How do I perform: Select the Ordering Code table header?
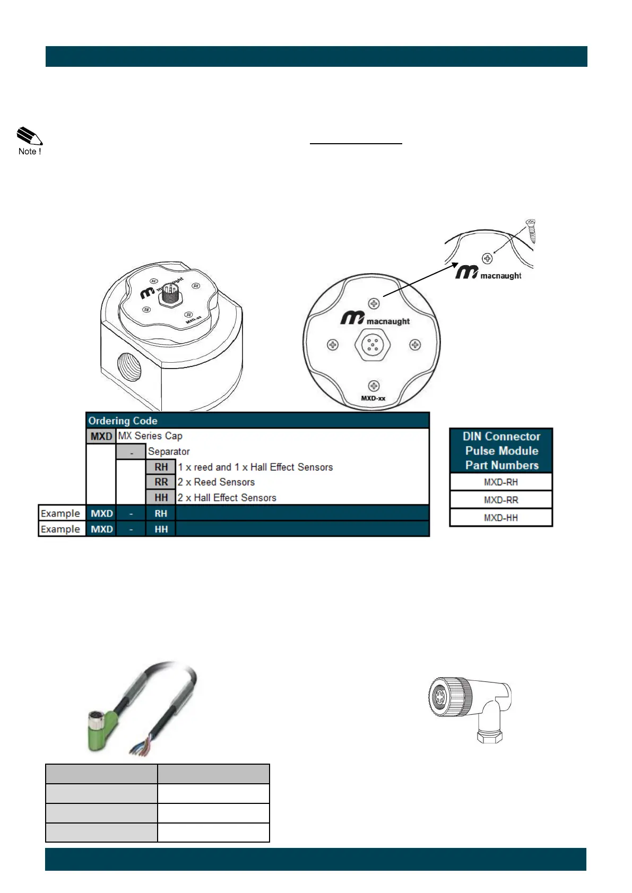pyautogui.click(x=123, y=421)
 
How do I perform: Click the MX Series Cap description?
pyautogui.click(x=150, y=436)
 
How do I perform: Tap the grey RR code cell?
pyautogui.click(x=161, y=482)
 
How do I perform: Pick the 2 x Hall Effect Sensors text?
pyautogui.click(x=227, y=497)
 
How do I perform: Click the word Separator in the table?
pyautogui.click(x=169, y=451)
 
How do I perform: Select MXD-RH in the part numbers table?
pyautogui.click(x=500, y=482)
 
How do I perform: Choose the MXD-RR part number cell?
pyautogui.click(x=500, y=500)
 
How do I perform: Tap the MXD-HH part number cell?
pyautogui.click(x=500, y=518)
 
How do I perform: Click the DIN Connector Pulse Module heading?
pyautogui.click(x=501, y=451)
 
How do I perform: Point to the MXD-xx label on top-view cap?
pyautogui.click(x=373, y=398)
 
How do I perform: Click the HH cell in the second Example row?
pyautogui.click(x=161, y=529)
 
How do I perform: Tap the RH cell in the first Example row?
pyautogui.click(x=161, y=513)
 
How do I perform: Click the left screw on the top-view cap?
pyautogui.click(x=333, y=345)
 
